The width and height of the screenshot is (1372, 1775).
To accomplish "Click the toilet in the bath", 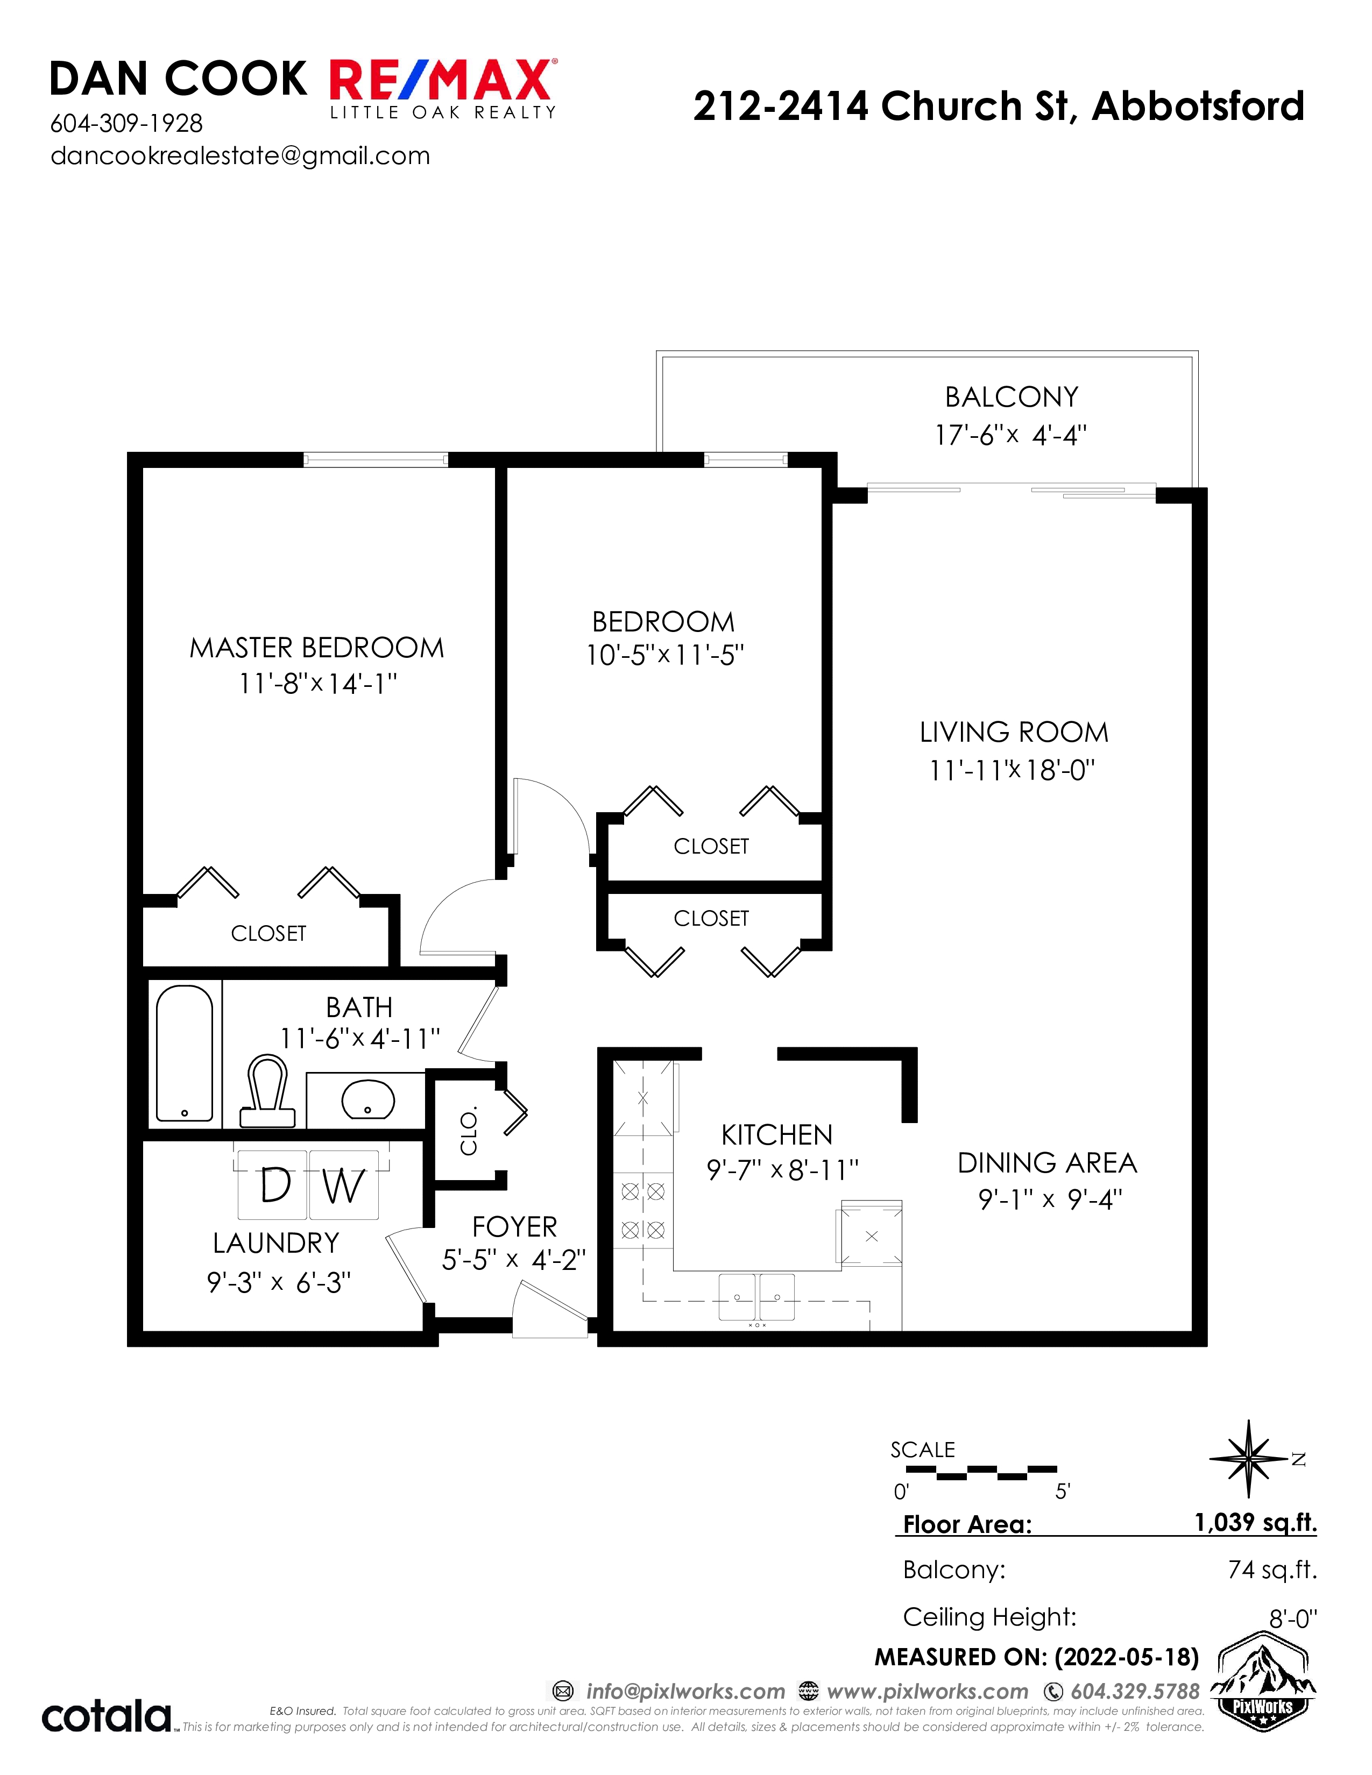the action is point(267,1091).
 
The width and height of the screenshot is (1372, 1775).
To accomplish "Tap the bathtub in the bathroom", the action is point(185,1053).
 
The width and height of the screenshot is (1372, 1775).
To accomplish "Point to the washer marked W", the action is point(344,1185).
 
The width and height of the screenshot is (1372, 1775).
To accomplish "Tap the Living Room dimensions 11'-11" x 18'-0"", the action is point(1012,769).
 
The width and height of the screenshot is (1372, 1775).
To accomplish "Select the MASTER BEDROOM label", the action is point(317,648).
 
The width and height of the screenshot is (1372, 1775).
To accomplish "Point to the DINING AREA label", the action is point(1047,1163).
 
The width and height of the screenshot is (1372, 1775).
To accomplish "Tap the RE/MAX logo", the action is point(443,88).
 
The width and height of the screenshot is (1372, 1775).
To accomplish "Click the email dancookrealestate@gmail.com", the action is point(240,156).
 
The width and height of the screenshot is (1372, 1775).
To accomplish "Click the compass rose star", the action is point(1248,1459).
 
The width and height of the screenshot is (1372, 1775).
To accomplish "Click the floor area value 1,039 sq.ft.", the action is point(1255,1522).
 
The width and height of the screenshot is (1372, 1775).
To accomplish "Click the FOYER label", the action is point(514,1226).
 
